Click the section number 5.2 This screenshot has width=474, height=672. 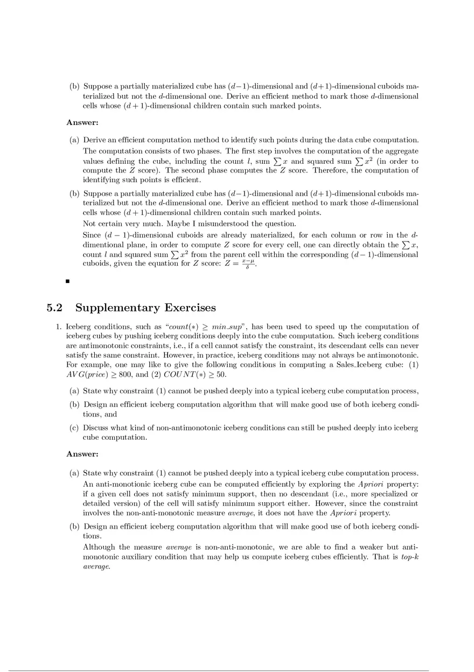(55, 308)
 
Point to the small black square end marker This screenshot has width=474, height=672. (68, 281)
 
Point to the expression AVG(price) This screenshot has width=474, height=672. (86, 375)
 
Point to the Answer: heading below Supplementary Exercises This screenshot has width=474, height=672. (82, 454)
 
